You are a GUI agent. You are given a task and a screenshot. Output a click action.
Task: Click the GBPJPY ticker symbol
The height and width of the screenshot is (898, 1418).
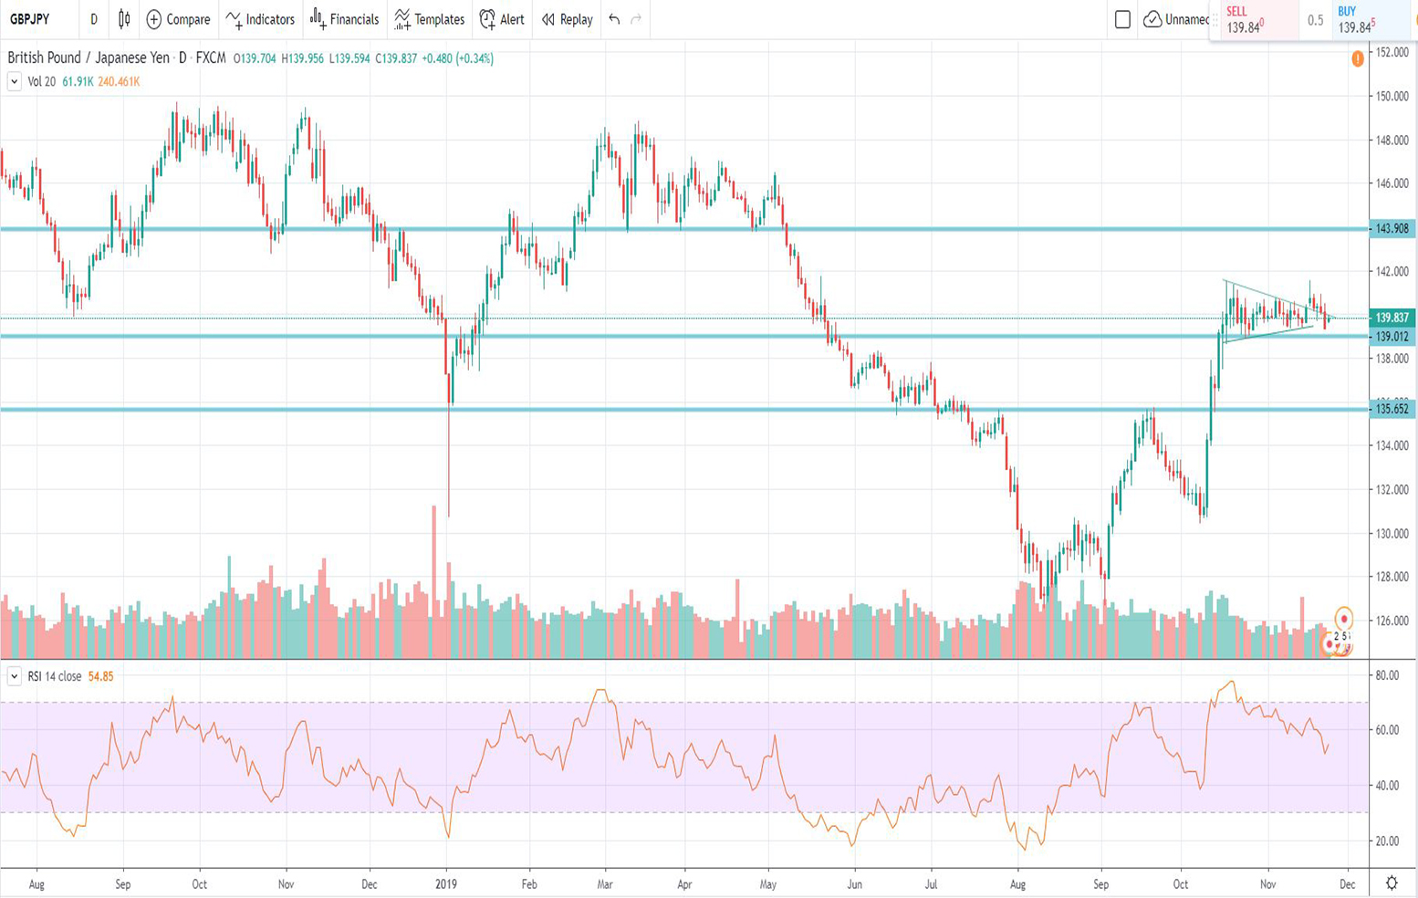(x=30, y=19)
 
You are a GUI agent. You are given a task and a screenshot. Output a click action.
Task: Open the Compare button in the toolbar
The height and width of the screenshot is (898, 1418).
(x=178, y=19)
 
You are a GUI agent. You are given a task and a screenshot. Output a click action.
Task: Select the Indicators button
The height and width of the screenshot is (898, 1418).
(x=260, y=19)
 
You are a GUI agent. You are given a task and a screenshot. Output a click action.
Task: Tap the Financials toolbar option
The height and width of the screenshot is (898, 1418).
(x=344, y=19)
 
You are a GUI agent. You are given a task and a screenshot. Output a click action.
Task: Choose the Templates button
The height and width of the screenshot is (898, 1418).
(x=429, y=19)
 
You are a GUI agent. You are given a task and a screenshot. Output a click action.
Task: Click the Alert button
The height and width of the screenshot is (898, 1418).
(x=502, y=19)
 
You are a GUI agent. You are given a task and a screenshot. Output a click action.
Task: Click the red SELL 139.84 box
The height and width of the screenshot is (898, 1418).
(x=1254, y=20)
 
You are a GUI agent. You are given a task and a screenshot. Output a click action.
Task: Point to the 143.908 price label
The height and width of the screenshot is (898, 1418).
(x=1392, y=229)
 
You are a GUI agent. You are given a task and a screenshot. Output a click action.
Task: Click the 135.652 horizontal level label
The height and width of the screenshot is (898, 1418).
(x=1392, y=409)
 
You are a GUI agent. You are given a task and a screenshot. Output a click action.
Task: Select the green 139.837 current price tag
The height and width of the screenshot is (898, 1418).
(x=1392, y=318)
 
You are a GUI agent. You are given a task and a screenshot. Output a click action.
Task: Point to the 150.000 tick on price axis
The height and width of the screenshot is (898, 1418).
(x=1392, y=97)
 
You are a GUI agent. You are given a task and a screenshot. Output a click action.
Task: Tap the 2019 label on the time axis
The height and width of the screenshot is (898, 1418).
(x=446, y=884)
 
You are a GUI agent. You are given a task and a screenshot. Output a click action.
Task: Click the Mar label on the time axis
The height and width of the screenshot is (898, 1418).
(x=604, y=884)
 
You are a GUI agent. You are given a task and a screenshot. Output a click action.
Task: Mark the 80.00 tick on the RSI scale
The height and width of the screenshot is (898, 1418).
(x=1387, y=675)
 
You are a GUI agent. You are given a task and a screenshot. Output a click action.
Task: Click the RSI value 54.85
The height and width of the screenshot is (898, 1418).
(x=100, y=677)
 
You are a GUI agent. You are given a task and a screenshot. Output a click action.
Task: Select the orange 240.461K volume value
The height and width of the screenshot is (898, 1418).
(x=119, y=82)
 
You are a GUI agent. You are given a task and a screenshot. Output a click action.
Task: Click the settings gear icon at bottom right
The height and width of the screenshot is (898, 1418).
(x=1392, y=882)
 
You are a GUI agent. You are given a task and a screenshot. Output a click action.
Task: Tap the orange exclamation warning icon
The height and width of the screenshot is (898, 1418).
(x=1358, y=59)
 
